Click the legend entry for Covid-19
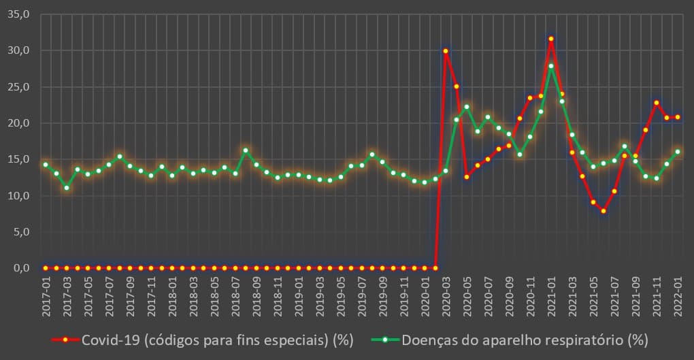coord(204,340)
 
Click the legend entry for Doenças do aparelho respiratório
coord(510,340)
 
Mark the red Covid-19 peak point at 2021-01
coord(551,39)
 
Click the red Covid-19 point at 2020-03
coord(446,51)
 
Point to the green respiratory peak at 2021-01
coord(551,66)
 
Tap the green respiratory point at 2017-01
coord(46,165)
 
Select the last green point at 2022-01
coord(678,152)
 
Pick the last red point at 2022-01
coord(678,117)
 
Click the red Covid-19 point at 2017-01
coord(46,268)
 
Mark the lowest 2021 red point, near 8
coord(604,211)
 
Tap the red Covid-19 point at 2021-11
coord(657,103)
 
